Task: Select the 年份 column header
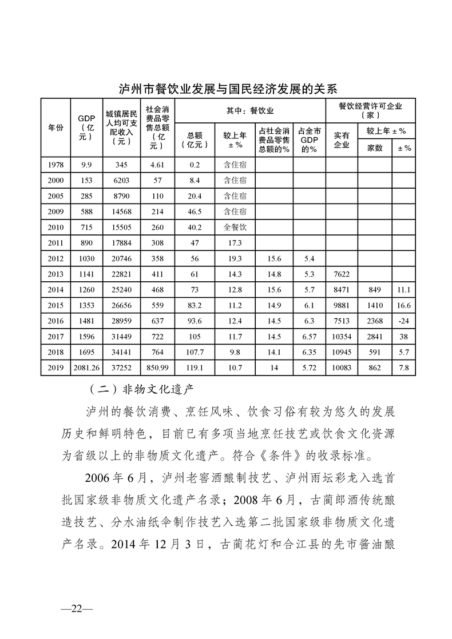pos(55,128)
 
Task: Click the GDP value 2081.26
pos(87,368)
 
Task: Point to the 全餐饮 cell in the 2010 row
pos(235,227)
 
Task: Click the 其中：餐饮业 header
pos(251,110)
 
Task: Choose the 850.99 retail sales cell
pos(157,368)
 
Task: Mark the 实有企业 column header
pos(342,139)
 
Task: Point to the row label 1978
pos(55,165)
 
